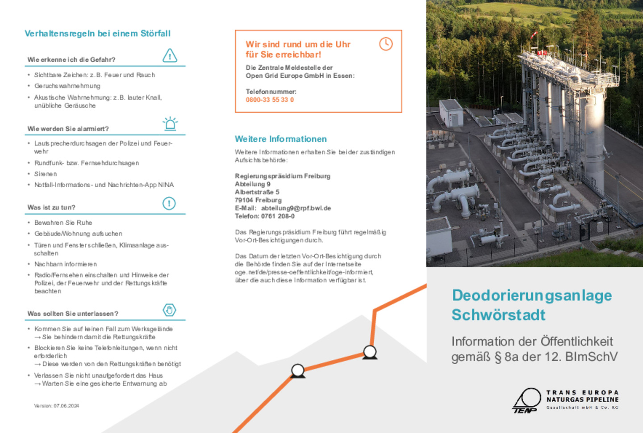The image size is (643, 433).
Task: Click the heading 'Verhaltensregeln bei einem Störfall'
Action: click(x=97, y=34)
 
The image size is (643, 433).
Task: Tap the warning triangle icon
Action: click(x=170, y=55)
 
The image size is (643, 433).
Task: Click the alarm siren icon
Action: click(x=170, y=123)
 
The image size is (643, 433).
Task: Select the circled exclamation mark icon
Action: click(x=169, y=203)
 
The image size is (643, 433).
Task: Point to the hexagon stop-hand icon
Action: click(x=169, y=310)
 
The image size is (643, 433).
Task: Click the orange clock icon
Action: click(x=386, y=44)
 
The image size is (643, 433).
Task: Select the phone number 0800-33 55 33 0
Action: click(x=270, y=100)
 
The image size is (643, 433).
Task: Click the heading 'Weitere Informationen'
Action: click(x=280, y=139)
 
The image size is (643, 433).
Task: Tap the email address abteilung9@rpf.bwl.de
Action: click(x=296, y=208)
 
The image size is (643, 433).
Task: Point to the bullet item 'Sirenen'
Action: click(x=46, y=174)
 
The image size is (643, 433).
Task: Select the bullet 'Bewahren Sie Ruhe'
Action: click(x=63, y=223)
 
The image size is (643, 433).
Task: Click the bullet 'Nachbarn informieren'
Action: click(x=66, y=264)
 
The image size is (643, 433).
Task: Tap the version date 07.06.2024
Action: click(x=66, y=406)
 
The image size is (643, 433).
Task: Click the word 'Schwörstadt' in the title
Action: click(x=498, y=315)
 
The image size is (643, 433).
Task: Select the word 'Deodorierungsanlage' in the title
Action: click(x=531, y=295)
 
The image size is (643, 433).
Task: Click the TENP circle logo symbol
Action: click(x=527, y=399)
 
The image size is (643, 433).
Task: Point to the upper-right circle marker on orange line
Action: click(x=370, y=352)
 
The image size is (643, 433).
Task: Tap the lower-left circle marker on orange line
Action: click(x=298, y=370)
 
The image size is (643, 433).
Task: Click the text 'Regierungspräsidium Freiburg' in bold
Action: click(x=282, y=176)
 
